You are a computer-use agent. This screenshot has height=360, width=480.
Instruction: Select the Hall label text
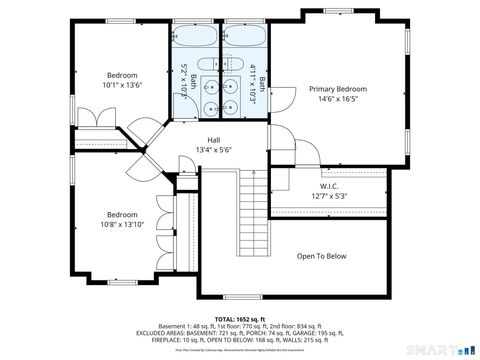click(x=213, y=139)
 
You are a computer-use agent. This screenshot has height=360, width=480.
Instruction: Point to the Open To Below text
click(x=322, y=256)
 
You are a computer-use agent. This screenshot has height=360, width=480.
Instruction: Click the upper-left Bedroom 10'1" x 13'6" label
click(x=122, y=75)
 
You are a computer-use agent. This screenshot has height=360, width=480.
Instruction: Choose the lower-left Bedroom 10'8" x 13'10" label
click(x=122, y=214)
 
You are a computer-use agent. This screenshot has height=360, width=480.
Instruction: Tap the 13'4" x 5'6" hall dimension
click(x=213, y=150)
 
